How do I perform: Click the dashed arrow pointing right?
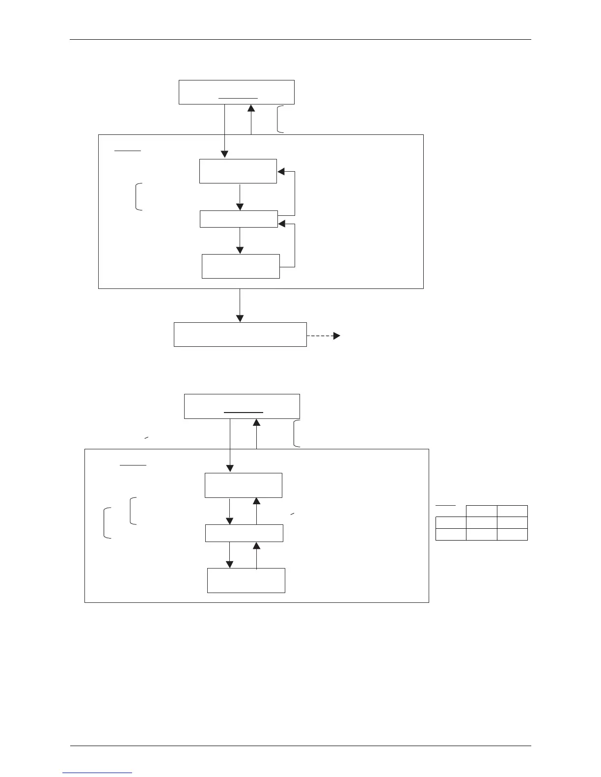[323, 336]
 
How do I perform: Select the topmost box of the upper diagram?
[236, 92]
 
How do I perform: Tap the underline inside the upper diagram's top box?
[238, 98]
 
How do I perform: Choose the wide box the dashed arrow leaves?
[240, 335]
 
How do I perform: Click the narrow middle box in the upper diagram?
[239, 219]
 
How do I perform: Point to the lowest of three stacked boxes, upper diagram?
[241, 266]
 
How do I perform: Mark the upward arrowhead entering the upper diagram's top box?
[251, 109]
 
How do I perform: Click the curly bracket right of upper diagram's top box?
[280, 119]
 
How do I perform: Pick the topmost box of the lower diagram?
[242, 406]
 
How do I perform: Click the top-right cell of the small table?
[512, 511]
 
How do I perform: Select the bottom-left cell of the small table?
[451, 534]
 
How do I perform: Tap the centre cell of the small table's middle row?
[481, 522]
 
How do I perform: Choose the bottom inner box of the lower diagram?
[246, 580]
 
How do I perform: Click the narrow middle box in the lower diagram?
[244, 533]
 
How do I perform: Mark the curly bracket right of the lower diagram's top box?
[297, 434]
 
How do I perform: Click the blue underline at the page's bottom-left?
[98, 773]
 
